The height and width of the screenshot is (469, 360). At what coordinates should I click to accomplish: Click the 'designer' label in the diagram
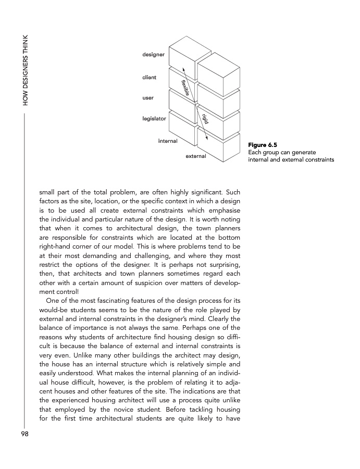153,54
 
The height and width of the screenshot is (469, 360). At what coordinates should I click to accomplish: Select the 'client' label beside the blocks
149,78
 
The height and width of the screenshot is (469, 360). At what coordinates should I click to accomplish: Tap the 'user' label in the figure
148,98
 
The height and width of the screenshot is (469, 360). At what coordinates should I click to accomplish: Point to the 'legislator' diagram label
154,119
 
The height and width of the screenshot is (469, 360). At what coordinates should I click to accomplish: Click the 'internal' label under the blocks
168,141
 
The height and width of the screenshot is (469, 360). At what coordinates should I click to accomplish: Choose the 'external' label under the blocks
196,156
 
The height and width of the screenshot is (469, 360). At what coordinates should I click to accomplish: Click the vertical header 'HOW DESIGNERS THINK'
24,70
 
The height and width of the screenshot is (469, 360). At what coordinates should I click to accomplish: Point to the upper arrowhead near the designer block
183,68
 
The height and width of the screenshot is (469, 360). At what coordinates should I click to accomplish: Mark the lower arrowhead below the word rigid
207,138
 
